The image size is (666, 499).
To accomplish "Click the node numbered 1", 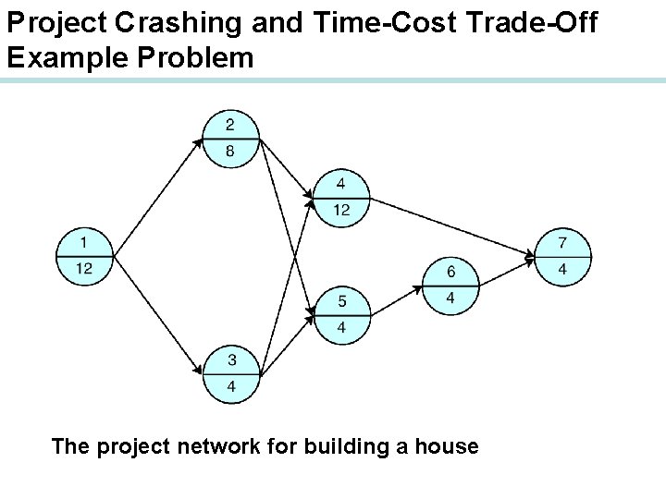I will [x=84, y=256].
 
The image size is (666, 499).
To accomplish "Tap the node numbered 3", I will [x=230, y=373].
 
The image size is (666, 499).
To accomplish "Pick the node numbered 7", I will [x=563, y=256].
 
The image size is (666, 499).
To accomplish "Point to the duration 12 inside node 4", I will [x=341, y=211].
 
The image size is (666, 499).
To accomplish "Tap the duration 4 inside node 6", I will [x=450, y=298].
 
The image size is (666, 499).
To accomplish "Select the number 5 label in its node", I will [x=341, y=300].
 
